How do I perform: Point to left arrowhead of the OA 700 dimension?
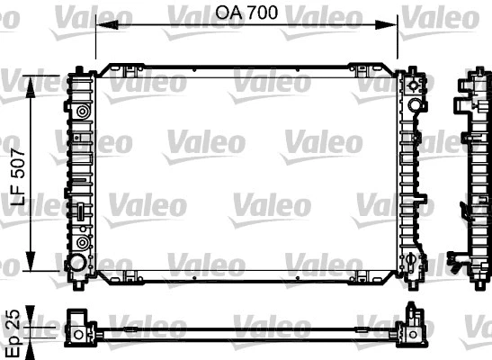[100, 25]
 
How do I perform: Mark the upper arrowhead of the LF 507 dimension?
[33, 80]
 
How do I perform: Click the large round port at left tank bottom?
[76, 264]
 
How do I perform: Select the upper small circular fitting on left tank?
[83, 112]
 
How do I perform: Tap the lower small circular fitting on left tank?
[83, 243]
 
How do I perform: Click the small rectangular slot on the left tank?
[79, 214]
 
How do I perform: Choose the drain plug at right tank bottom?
[411, 263]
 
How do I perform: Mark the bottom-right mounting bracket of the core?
[363, 274]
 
